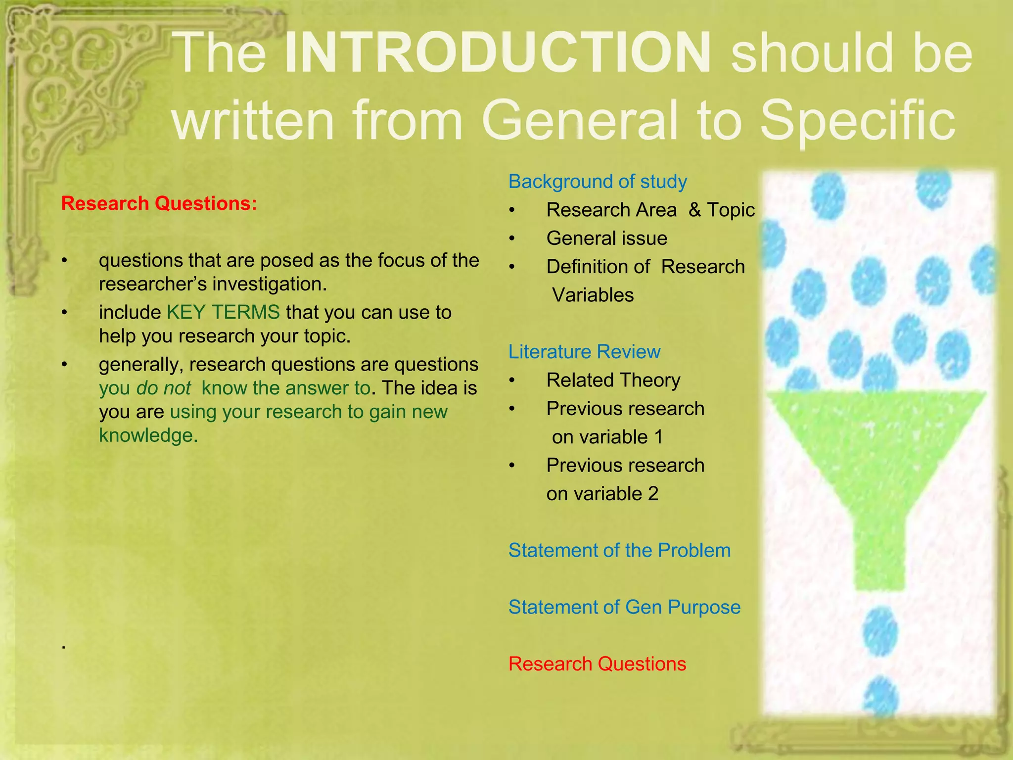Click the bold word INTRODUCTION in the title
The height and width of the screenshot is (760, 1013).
click(x=498, y=52)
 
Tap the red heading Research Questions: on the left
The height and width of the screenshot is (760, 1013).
click(x=159, y=203)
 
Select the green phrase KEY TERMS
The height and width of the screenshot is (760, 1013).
click(x=223, y=312)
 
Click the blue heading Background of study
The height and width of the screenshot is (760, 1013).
click(x=597, y=182)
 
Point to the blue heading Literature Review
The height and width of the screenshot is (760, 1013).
click(x=584, y=352)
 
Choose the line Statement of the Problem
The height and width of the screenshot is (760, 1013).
click(x=619, y=550)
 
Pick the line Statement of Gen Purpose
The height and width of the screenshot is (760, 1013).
click(x=624, y=607)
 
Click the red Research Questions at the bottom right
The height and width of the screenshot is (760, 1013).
click(x=597, y=664)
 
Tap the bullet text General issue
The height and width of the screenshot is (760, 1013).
click(x=606, y=238)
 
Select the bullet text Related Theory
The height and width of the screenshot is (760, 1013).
click(x=613, y=380)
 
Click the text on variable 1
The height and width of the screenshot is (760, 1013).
click(x=607, y=437)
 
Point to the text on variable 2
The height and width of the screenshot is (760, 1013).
click(x=602, y=494)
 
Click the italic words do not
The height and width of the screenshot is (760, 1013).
click(x=163, y=388)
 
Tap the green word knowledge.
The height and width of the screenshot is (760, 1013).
click(x=148, y=435)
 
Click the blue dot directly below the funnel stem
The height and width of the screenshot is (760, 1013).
click(x=880, y=632)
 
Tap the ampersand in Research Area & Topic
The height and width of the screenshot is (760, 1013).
click(x=694, y=210)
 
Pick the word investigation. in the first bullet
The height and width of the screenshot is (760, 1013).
click(x=270, y=285)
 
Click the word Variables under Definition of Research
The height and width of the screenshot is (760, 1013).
click(x=593, y=295)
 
